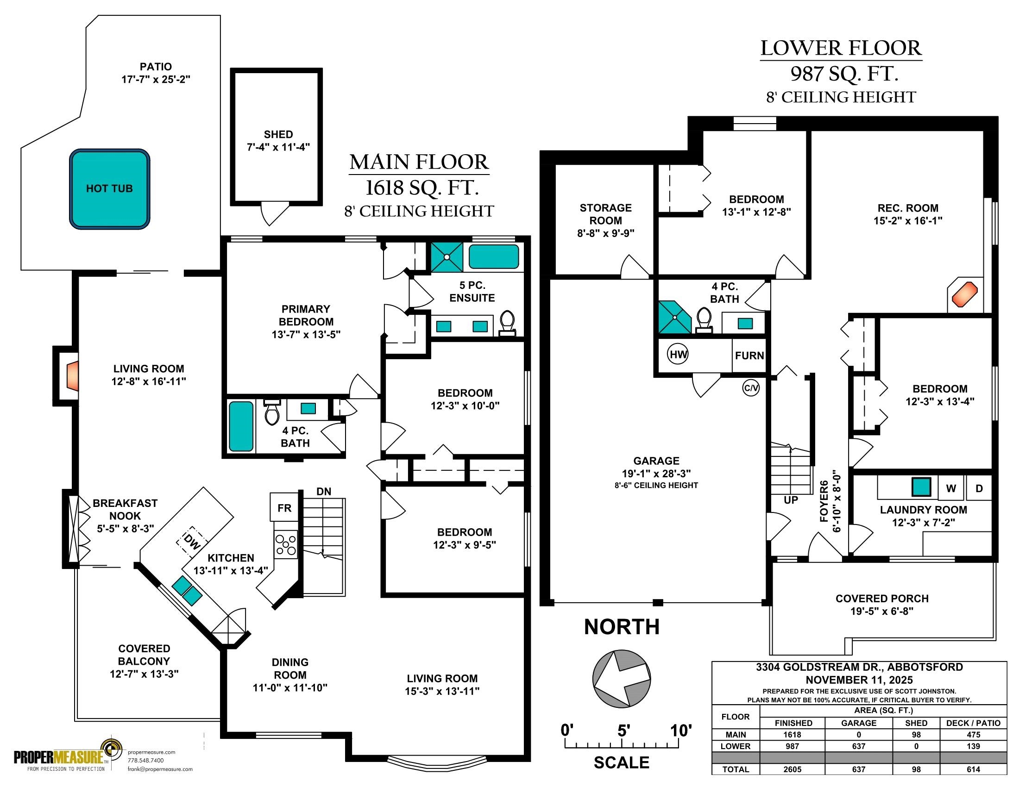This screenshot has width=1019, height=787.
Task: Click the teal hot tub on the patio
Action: click(x=110, y=189)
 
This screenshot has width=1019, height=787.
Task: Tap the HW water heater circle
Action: click(x=679, y=354)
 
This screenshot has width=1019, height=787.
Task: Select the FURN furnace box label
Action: click(x=749, y=356)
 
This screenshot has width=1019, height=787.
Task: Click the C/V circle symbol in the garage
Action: click(x=751, y=388)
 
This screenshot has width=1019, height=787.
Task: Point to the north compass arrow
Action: click(x=622, y=678)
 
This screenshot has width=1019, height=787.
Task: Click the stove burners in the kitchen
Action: click(x=285, y=544)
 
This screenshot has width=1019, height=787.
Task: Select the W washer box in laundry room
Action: click(x=951, y=488)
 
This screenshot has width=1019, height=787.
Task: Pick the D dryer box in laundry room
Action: click(x=979, y=488)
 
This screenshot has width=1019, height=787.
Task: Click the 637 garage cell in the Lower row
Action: click(x=858, y=746)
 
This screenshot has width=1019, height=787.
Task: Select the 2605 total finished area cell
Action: click(x=792, y=769)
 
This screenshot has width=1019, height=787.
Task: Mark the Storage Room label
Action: click(x=606, y=214)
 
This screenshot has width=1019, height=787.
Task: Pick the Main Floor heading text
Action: click(x=419, y=162)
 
